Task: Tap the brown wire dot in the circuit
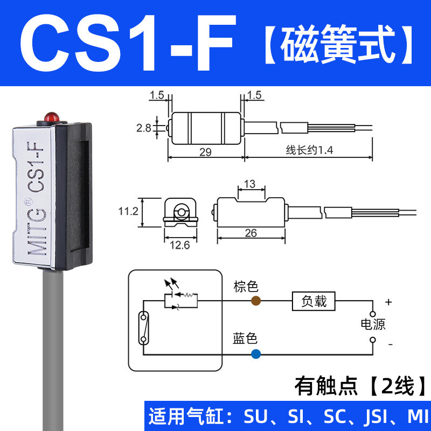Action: (255, 300)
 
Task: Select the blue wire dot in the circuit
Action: (255, 353)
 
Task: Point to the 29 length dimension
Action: (205, 152)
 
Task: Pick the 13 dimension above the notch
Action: (250, 184)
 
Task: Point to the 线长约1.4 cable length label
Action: (309, 152)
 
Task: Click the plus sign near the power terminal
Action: (388, 302)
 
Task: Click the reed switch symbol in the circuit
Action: (144, 327)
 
